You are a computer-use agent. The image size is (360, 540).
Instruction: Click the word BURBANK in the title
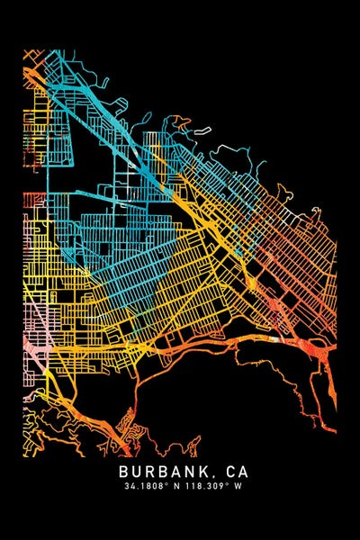pos(166,471)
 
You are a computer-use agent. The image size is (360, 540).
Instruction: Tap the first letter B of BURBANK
pos(123,471)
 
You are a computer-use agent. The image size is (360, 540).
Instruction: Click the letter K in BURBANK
pos(209,471)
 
